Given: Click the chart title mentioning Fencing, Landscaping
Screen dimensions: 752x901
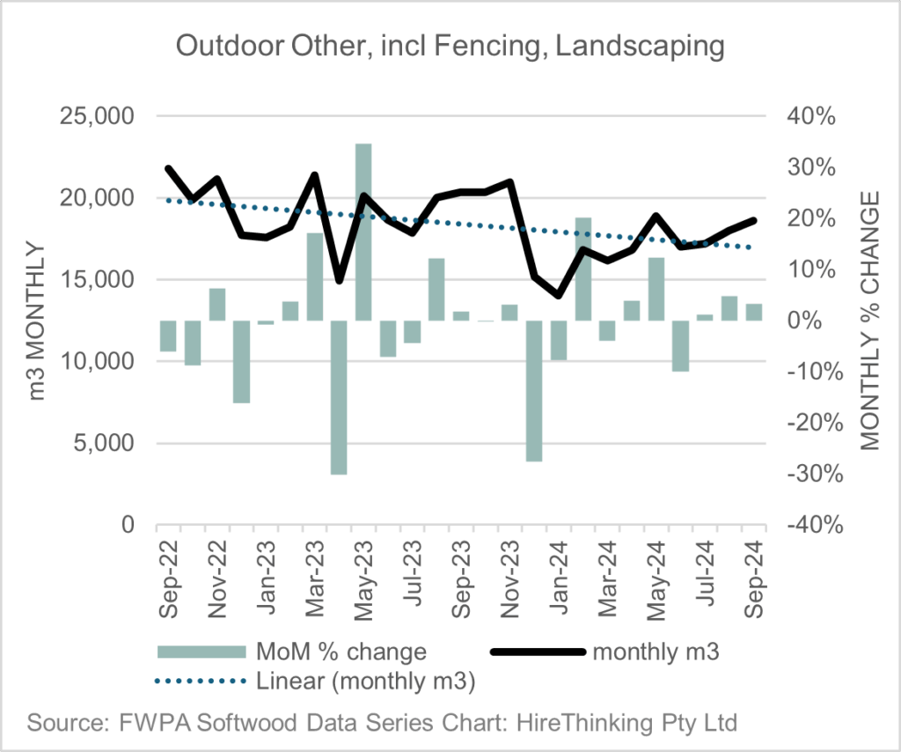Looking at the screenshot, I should (450, 46).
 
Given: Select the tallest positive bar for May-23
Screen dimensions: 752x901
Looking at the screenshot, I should (363, 232).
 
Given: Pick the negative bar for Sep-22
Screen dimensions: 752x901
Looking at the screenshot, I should (168, 335).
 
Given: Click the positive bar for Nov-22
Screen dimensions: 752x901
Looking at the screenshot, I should (217, 305).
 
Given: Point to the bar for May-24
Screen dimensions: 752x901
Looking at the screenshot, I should (656, 289).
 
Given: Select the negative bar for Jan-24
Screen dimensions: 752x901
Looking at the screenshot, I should (559, 340).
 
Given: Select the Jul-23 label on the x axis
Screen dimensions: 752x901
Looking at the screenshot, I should (413, 571).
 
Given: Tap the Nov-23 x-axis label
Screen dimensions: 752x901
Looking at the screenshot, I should (510, 571).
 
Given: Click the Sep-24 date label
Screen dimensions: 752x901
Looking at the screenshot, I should (754, 571).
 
